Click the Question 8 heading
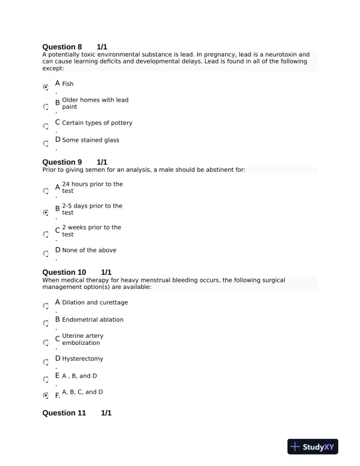[62, 46]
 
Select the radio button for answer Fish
[46, 87]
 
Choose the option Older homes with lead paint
[95, 104]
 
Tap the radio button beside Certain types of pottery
[46, 126]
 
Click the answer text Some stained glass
[91, 140]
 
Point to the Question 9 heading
[62, 162]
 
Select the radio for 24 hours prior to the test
[46, 191]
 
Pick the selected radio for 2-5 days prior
[46, 212]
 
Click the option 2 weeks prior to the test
[91, 231]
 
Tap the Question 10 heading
[64, 272]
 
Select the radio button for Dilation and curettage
[46, 306]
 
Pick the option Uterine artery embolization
[82, 339]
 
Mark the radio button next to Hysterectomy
[46, 362]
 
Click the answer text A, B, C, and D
[82, 392]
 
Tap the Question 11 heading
[64, 413]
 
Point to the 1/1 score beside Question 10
[106, 272]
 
